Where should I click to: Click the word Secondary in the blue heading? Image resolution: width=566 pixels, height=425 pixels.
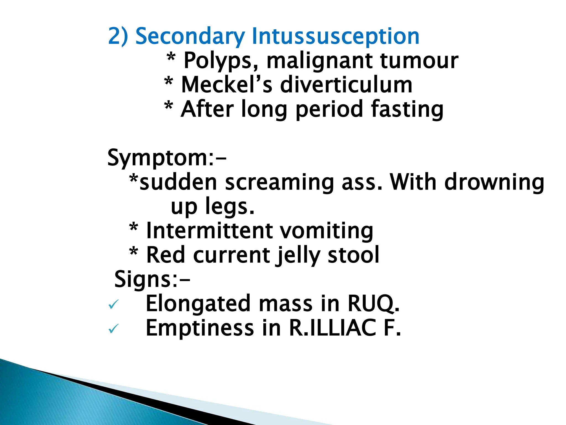190,37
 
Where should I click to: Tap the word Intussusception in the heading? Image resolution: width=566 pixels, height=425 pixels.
336,37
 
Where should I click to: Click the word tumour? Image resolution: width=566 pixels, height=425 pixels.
419,61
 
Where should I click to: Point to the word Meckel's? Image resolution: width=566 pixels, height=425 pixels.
227,85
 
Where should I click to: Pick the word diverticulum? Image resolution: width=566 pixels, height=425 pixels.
346,85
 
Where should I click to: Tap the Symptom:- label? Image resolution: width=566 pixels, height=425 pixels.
167,158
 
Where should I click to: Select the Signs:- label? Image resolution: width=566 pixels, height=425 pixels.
152,279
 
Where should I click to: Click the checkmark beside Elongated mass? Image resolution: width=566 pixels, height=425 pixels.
114,304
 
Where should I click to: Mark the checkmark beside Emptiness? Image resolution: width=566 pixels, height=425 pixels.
114,329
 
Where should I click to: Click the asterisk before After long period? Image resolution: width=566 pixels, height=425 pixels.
169,106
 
